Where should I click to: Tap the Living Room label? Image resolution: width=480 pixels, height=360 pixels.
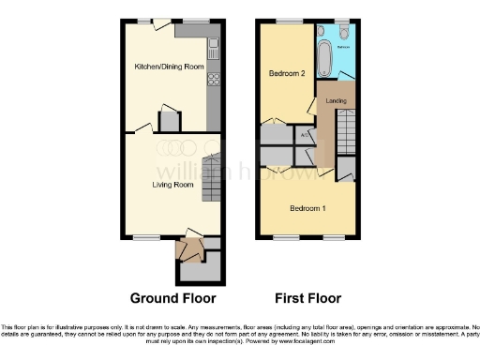pos(172,185)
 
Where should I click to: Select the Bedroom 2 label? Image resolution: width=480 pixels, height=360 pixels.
pos(288,73)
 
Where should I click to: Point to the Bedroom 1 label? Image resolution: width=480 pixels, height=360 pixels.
pos(307,207)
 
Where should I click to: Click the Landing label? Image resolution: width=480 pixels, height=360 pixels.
pos(337,100)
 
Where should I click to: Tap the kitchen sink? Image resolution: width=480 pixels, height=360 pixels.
pos(214,45)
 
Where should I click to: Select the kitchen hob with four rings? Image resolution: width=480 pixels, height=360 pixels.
pos(214,79)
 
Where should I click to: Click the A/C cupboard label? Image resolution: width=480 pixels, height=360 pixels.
pos(304,135)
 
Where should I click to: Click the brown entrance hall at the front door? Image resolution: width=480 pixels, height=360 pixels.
pos(192,249)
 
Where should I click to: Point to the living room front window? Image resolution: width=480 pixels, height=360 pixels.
pos(146,235)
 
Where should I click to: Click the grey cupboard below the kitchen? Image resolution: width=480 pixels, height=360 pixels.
pos(169,120)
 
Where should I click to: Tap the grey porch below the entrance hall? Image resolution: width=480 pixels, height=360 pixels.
pos(201,271)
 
